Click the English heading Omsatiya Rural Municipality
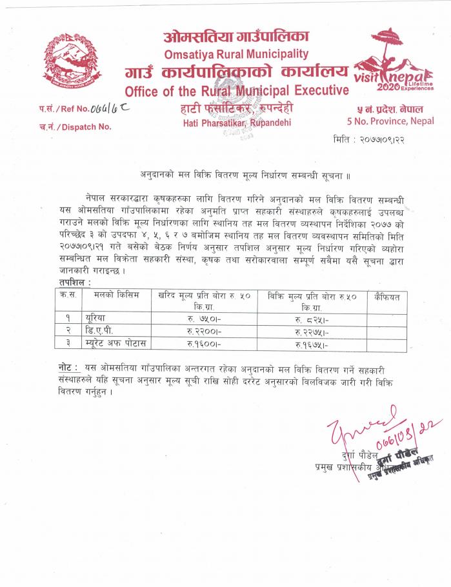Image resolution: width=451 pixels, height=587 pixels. (x=236, y=54)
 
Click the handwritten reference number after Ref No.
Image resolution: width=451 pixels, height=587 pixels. (x=111, y=108)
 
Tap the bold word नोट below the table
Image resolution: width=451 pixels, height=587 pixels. (x=66, y=367)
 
